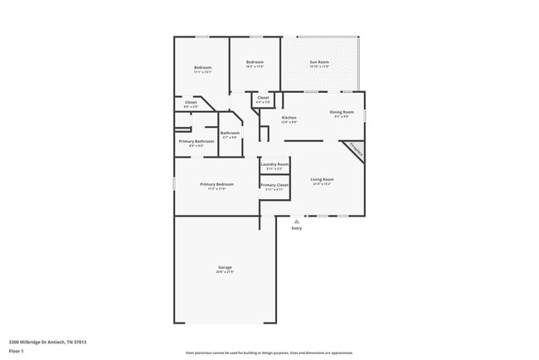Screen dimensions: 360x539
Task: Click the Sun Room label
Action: [x=319, y=62]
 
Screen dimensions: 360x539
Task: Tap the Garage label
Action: [x=225, y=267]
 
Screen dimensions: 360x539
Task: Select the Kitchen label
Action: [x=289, y=118]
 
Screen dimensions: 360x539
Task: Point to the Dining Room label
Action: [x=342, y=112]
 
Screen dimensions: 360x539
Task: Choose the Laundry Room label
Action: [x=274, y=164]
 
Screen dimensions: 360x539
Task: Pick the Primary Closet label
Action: [x=274, y=186]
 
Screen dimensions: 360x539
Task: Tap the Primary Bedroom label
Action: [x=216, y=184]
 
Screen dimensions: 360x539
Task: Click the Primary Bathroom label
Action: [x=197, y=141]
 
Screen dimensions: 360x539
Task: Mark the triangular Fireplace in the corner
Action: [x=356, y=149]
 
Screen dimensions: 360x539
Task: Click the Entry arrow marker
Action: [x=296, y=221]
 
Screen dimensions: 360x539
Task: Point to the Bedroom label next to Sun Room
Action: [x=255, y=63]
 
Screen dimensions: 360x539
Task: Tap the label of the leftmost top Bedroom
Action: [x=202, y=68]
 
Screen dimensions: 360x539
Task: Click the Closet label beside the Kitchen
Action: [x=263, y=98]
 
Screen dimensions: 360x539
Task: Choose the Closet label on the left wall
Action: [x=191, y=103]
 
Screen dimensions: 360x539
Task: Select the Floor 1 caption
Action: [x=17, y=351]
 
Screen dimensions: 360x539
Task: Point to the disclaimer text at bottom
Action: [x=269, y=352]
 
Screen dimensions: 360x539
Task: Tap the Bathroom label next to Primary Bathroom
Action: [x=230, y=134]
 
